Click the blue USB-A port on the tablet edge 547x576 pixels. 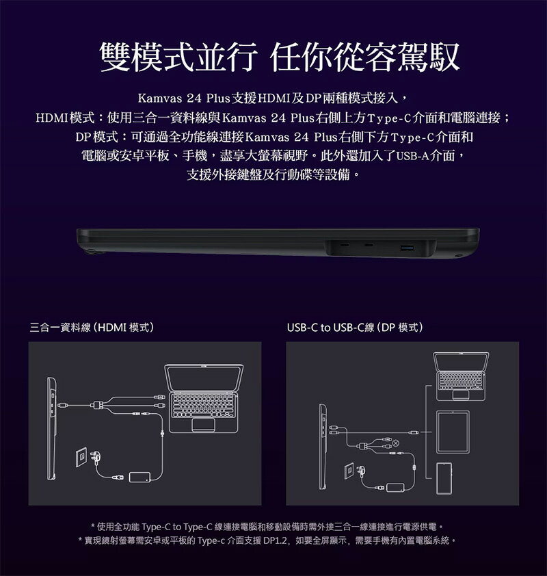click(406, 248)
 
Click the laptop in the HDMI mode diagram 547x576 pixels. click(204, 398)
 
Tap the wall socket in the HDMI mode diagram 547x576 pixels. click(82, 457)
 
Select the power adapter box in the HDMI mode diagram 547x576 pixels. click(139, 477)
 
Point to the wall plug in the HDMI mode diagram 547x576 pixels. click(96, 458)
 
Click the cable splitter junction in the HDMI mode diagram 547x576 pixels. click(97, 405)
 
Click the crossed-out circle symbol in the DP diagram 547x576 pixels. click(396, 443)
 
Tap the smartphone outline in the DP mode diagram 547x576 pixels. click(444, 478)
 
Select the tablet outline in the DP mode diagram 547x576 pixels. click(453, 432)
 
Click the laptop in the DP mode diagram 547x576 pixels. click(461, 376)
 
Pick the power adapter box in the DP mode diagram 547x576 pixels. click(395, 488)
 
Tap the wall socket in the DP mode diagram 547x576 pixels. click(349, 471)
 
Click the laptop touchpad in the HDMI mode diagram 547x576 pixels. click(203, 424)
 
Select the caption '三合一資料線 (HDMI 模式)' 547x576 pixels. click(92, 327)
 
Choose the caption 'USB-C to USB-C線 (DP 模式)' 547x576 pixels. click(355, 327)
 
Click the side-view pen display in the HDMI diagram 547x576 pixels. click(52, 428)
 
